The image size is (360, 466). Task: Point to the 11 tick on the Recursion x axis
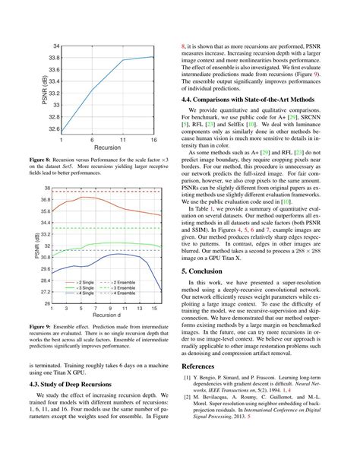[x=124, y=141]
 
